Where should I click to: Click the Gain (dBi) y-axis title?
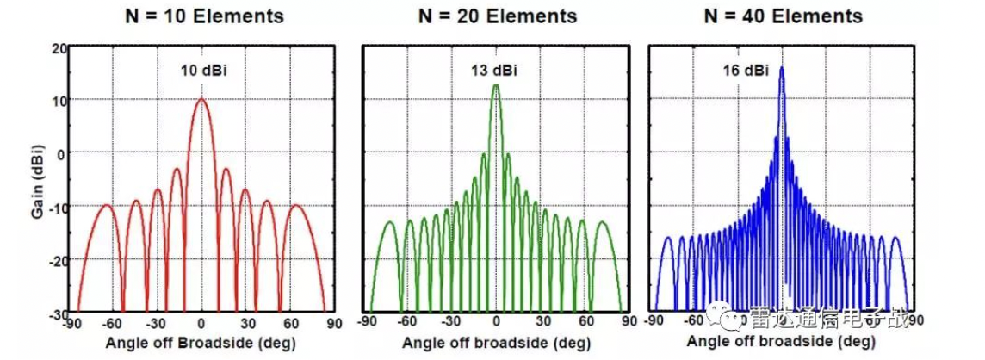(39, 178)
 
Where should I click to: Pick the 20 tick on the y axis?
(59, 47)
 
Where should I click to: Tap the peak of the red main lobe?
(201, 99)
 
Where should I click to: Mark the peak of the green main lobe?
(495, 84)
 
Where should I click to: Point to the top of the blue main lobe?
(782, 67)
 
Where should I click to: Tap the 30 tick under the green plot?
(543, 323)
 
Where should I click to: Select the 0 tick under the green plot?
(495, 323)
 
